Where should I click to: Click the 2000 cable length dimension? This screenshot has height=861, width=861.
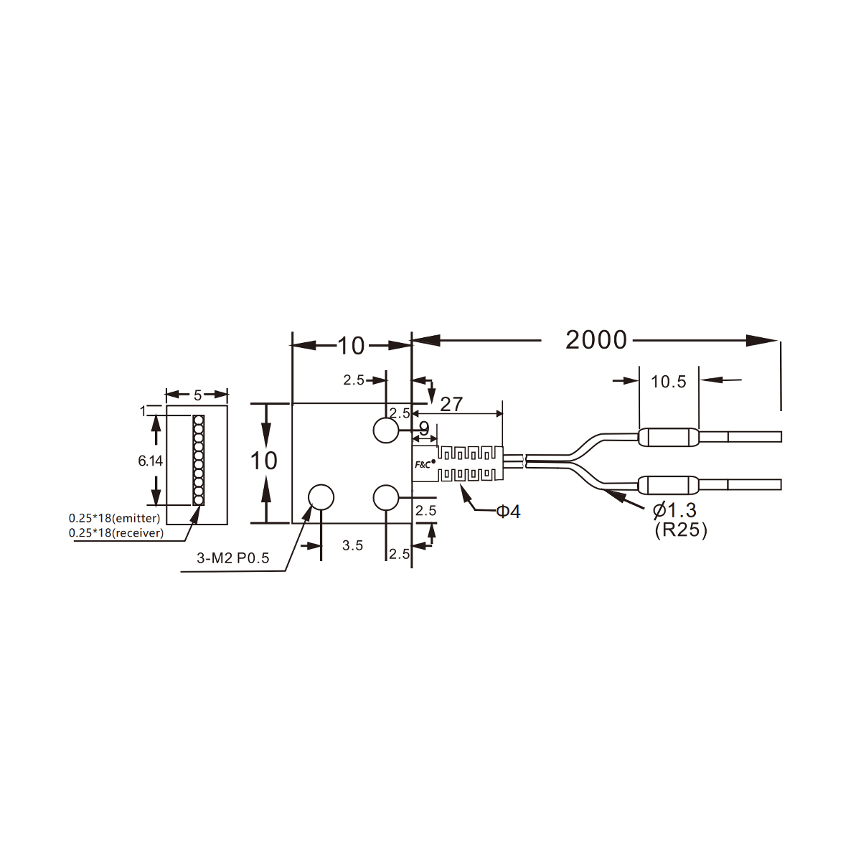click(596, 340)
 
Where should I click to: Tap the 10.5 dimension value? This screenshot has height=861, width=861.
click(668, 382)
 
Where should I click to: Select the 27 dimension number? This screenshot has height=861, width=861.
click(451, 405)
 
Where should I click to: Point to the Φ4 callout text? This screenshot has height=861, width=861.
click(508, 511)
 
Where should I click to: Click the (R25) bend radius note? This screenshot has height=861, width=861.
click(680, 530)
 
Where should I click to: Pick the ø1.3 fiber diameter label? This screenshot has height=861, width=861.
click(674, 510)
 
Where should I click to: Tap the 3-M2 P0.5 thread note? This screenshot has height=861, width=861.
click(232, 558)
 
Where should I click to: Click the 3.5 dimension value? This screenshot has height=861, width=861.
click(352, 545)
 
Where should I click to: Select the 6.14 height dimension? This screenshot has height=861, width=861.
click(150, 461)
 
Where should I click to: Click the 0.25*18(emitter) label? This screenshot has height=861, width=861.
click(114, 518)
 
